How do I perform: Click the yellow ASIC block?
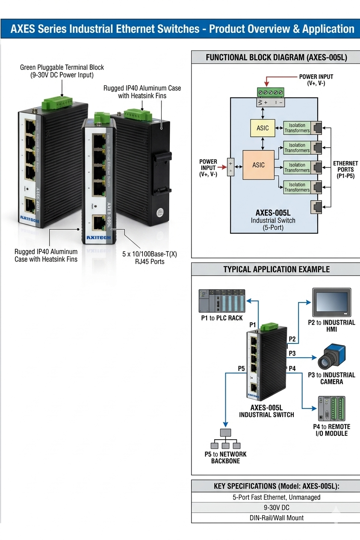pos(263,128)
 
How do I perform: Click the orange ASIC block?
pos(258,165)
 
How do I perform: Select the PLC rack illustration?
pos(222,301)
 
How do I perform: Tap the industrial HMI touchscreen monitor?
pos(331,302)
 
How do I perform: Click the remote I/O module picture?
pos(331,409)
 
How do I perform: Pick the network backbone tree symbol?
pos(225,440)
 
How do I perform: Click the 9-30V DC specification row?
pos(276,508)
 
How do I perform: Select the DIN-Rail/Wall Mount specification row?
pos(276,518)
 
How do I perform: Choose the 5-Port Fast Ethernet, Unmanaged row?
pos(276,497)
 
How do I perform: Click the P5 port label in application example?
pos(242,368)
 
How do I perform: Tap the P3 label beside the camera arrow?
pos(292,353)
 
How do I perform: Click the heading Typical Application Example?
pos(276,270)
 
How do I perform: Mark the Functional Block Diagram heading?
pos(276,57)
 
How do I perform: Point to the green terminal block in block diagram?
pos(270,92)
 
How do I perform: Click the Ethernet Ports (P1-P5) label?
pos(345,170)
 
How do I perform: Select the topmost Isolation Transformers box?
pos(297,128)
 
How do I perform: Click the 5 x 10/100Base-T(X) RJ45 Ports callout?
pos(149,258)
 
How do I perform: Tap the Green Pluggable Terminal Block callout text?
pos(62,71)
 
